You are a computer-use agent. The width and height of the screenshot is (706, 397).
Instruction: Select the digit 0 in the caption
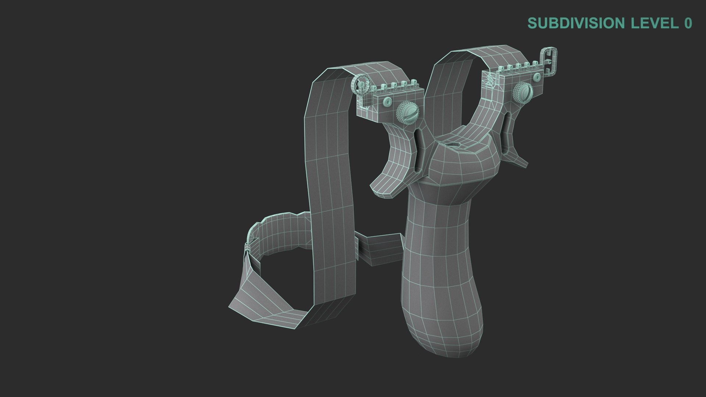point(688,23)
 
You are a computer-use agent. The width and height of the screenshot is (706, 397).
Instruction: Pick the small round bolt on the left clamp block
point(388,101)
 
